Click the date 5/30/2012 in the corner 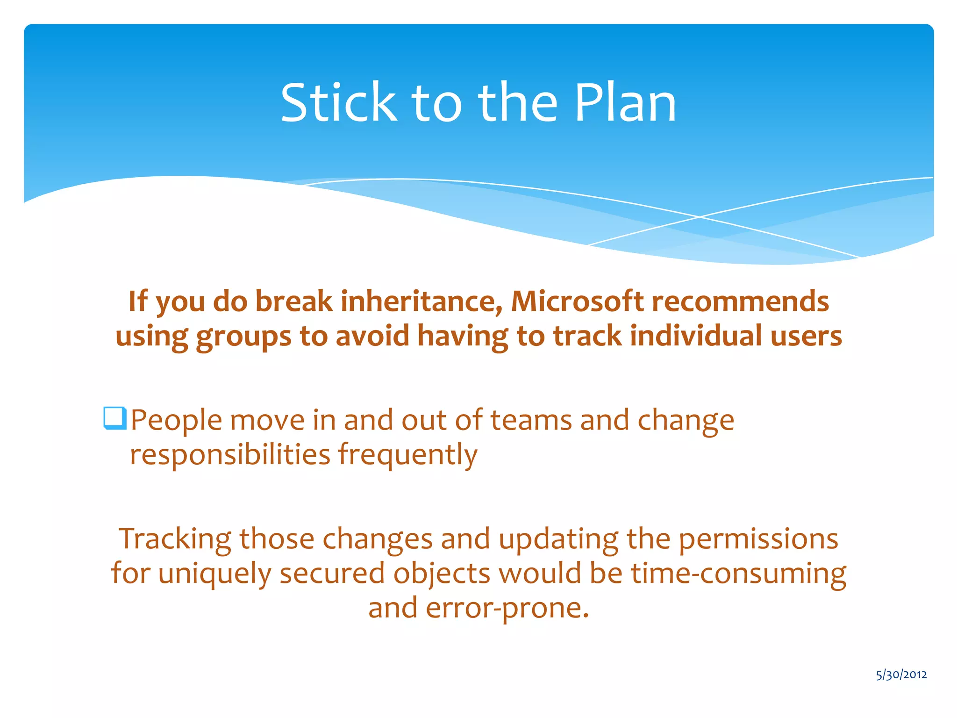click(901, 675)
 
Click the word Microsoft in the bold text click(577, 302)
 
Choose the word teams click(531, 421)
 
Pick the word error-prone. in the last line click(507, 609)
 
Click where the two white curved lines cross click(700, 217)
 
